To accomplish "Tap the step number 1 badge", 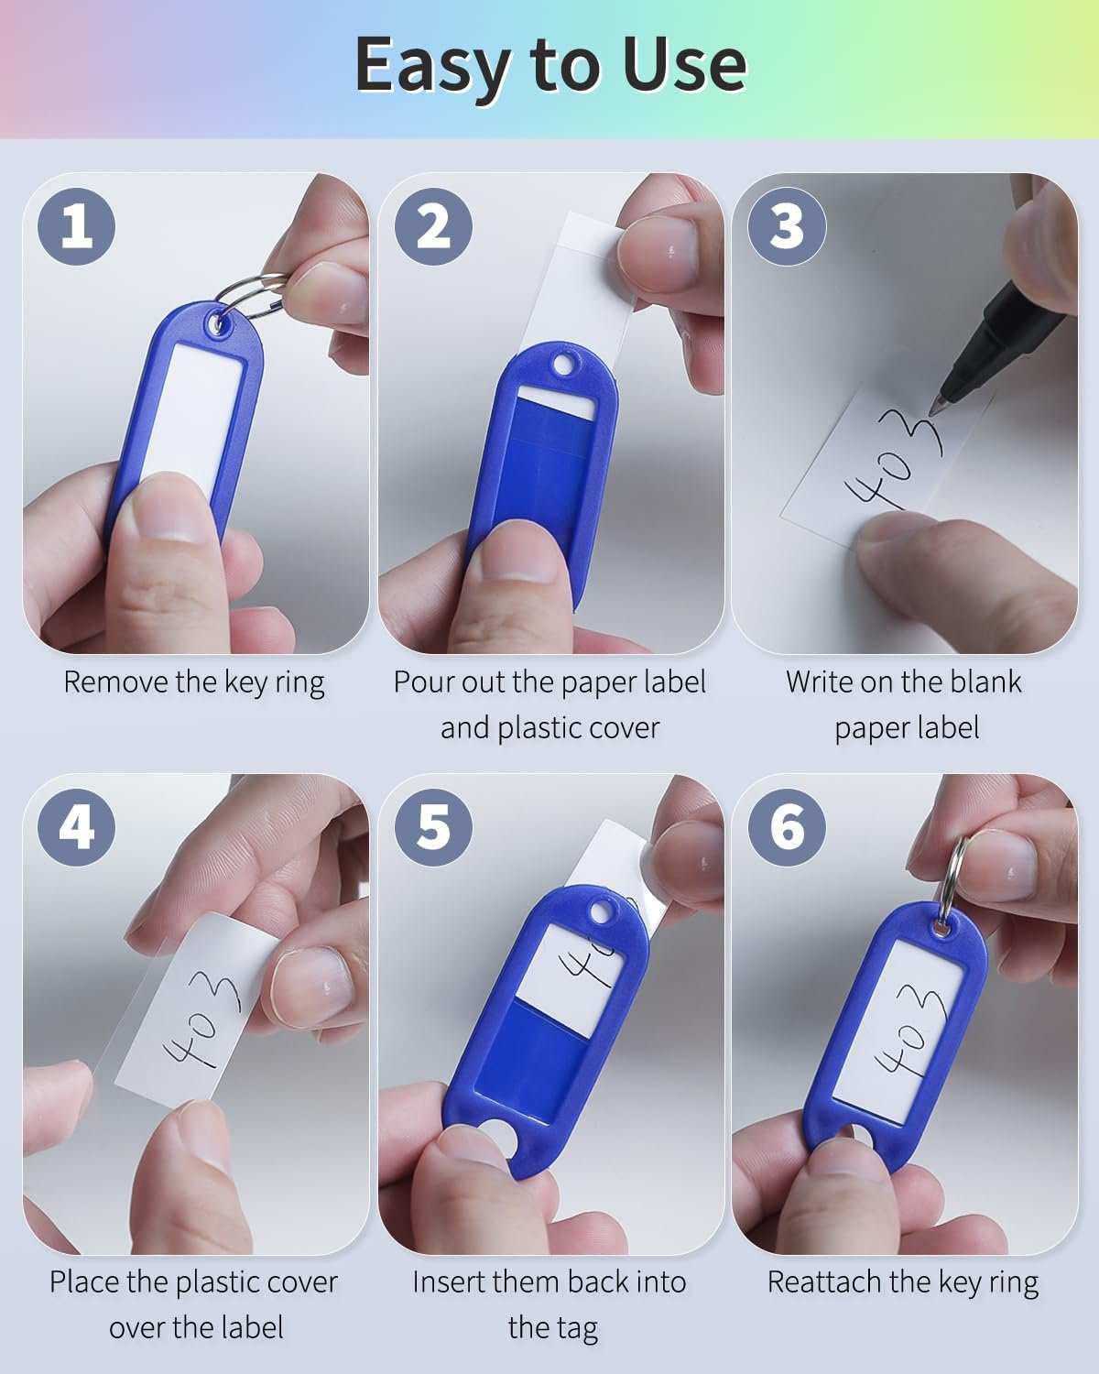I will pos(77,226).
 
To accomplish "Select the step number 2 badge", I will pos(433,226).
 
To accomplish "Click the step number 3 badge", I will pos(787,226).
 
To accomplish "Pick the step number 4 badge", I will pos(77,826).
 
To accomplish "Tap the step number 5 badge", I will pos(433,826).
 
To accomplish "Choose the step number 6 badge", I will pos(787,826).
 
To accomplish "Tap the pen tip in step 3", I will pos(936,405).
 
